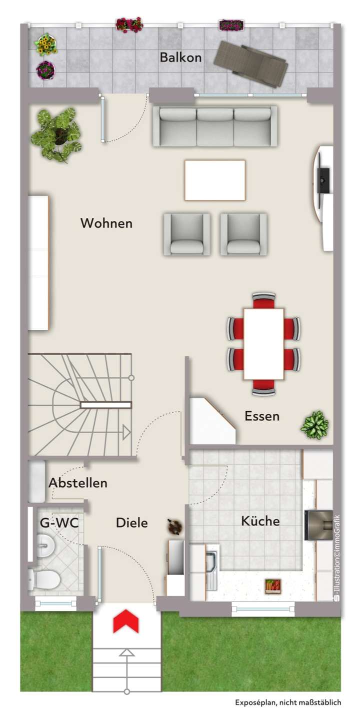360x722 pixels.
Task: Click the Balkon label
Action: [x=180, y=57]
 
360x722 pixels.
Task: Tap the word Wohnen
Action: [x=106, y=223]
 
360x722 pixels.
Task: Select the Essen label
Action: [x=262, y=416]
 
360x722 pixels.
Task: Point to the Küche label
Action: [x=260, y=521]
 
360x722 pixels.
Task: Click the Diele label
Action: [x=132, y=523]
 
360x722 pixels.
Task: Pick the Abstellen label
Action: [x=78, y=483]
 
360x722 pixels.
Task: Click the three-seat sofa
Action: [x=215, y=126]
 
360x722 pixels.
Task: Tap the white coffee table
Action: [x=215, y=180]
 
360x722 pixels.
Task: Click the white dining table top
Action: [x=264, y=343]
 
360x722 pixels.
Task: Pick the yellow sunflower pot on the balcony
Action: [x=45, y=44]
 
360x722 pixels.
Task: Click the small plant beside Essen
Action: [x=314, y=425]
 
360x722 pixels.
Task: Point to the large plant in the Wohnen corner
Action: [x=56, y=134]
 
